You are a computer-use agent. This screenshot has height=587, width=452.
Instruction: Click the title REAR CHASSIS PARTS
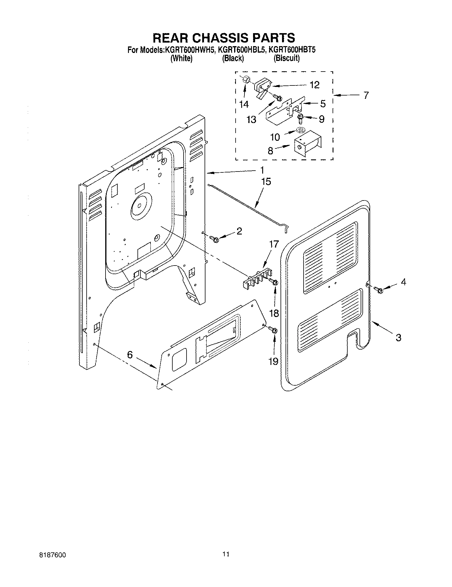pyautogui.click(x=224, y=38)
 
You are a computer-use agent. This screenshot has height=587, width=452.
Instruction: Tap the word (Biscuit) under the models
pyautogui.click(x=286, y=58)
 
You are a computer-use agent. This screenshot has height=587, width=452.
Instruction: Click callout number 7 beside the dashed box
pyautogui.click(x=366, y=96)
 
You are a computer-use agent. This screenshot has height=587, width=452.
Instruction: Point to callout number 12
pyautogui.click(x=315, y=85)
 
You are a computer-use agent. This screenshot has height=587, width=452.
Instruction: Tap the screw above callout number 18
pyautogui.click(x=274, y=282)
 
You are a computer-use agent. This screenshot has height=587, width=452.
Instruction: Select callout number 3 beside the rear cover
pyautogui.click(x=398, y=337)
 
